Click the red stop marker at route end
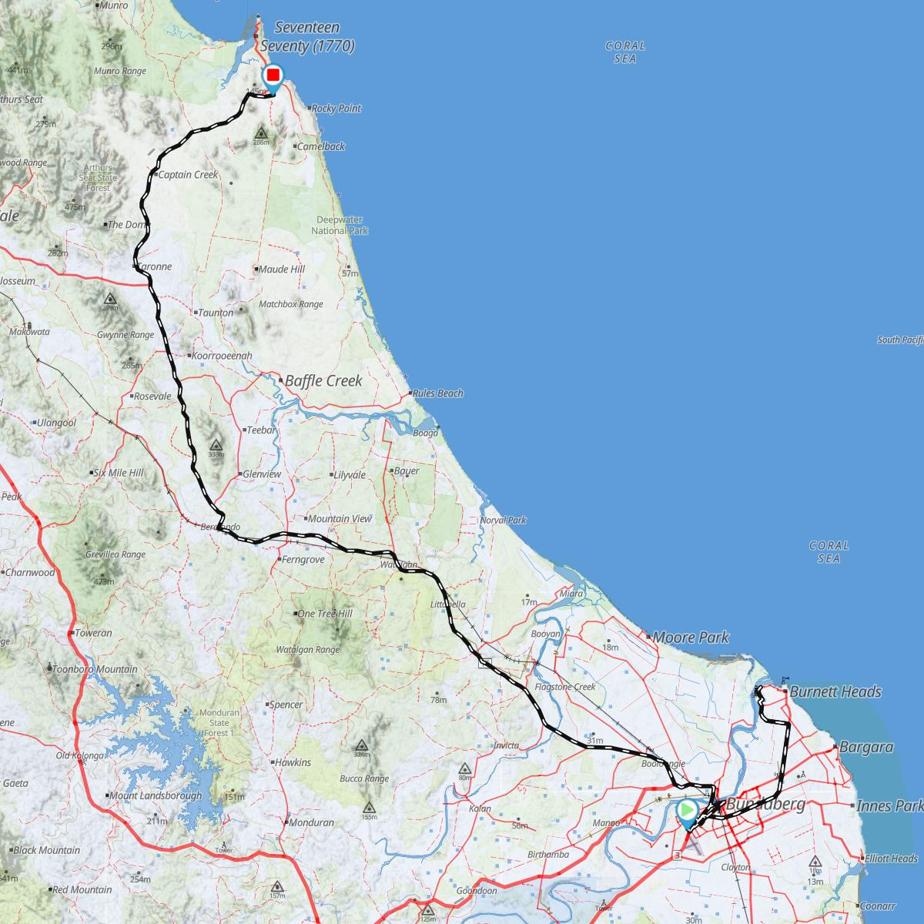pyautogui.click(x=273, y=75)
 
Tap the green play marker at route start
pyautogui.click(x=686, y=811)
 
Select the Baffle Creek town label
pyautogui.click(x=323, y=380)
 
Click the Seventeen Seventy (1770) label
pyautogui.click(x=307, y=37)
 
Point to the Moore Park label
pyautogui.click(x=691, y=638)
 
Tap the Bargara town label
pyautogui.click(x=866, y=747)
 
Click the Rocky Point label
pyautogui.click(x=336, y=109)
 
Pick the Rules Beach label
pyautogui.click(x=438, y=393)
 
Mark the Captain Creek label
pyautogui.click(x=188, y=175)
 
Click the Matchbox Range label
pyautogui.click(x=290, y=304)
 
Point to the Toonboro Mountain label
pyautogui.click(x=95, y=669)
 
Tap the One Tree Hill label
pyautogui.click(x=325, y=614)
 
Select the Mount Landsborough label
pyautogui.click(x=155, y=796)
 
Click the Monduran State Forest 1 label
pyautogui.click(x=214, y=723)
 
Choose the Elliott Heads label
pyautogui.click(x=891, y=859)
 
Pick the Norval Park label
pyautogui.click(x=503, y=521)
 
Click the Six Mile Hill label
pyautogui.click(x=118, y=473)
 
